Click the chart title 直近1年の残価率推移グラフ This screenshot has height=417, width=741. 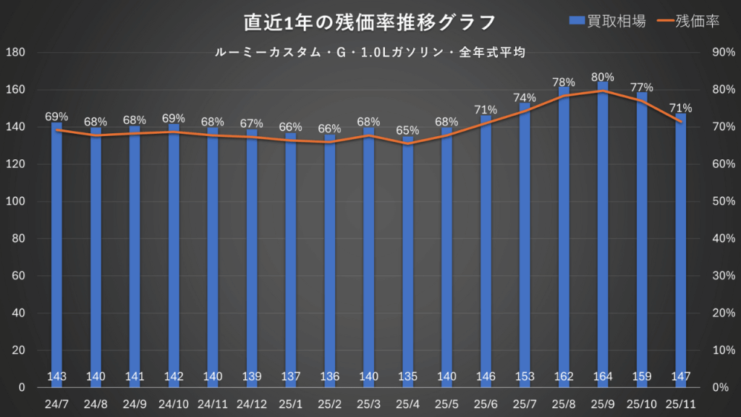click(370, 22)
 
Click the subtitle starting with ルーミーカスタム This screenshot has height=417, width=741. click(370, 53)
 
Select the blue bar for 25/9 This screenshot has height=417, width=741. click(603, 232)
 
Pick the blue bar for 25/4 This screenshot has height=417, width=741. click(407, 261)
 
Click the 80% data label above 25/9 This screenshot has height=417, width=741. click(603, 77)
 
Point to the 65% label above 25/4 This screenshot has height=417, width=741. click(407, 131)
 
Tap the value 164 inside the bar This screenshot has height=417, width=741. click(603, 376)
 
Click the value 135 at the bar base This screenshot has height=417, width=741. click(407, 376)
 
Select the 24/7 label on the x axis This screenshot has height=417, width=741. click(56, 403)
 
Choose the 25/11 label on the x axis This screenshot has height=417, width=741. click(681, 403)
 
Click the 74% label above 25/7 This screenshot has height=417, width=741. click(525, 98)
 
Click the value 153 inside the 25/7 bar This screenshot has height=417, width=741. click(525, 376)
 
